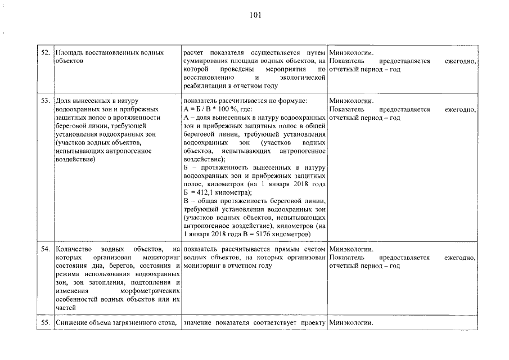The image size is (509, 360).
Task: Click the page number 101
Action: pyautogui.click(x=255, y=15)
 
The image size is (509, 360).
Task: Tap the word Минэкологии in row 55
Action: pyautogui.click(x=351, y=322)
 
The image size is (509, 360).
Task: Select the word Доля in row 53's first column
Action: pyautogui.click(x=64, y=100)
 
